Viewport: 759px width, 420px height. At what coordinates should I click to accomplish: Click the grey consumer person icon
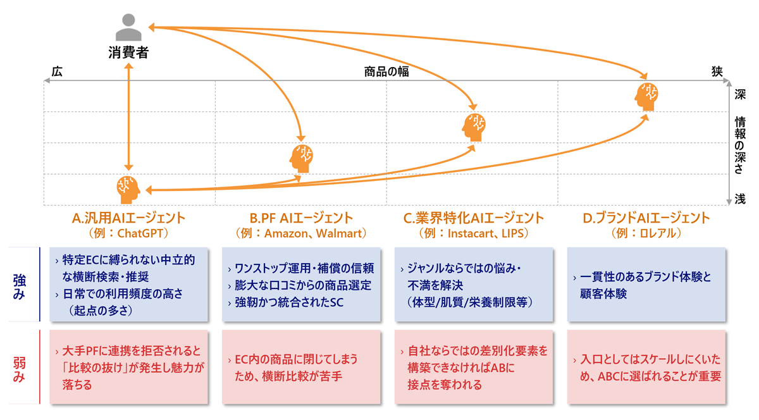[128, 28]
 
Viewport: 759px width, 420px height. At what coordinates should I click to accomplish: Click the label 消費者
[128, 52]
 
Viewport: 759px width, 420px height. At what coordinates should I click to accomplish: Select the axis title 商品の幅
[386, 71]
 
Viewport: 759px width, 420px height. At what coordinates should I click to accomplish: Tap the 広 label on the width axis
[57, 71]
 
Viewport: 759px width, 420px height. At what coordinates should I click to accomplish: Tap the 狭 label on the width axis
[717, 71]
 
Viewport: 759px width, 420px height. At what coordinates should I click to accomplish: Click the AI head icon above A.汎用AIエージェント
[128, 189]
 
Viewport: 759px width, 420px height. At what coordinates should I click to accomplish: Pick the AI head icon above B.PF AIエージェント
[302, 158]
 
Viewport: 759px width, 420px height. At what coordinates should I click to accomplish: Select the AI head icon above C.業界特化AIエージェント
[474, 127]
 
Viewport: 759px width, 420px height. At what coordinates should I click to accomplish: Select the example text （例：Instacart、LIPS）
[474, 233]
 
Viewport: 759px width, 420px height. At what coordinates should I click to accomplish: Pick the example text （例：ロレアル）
[646, 233]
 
